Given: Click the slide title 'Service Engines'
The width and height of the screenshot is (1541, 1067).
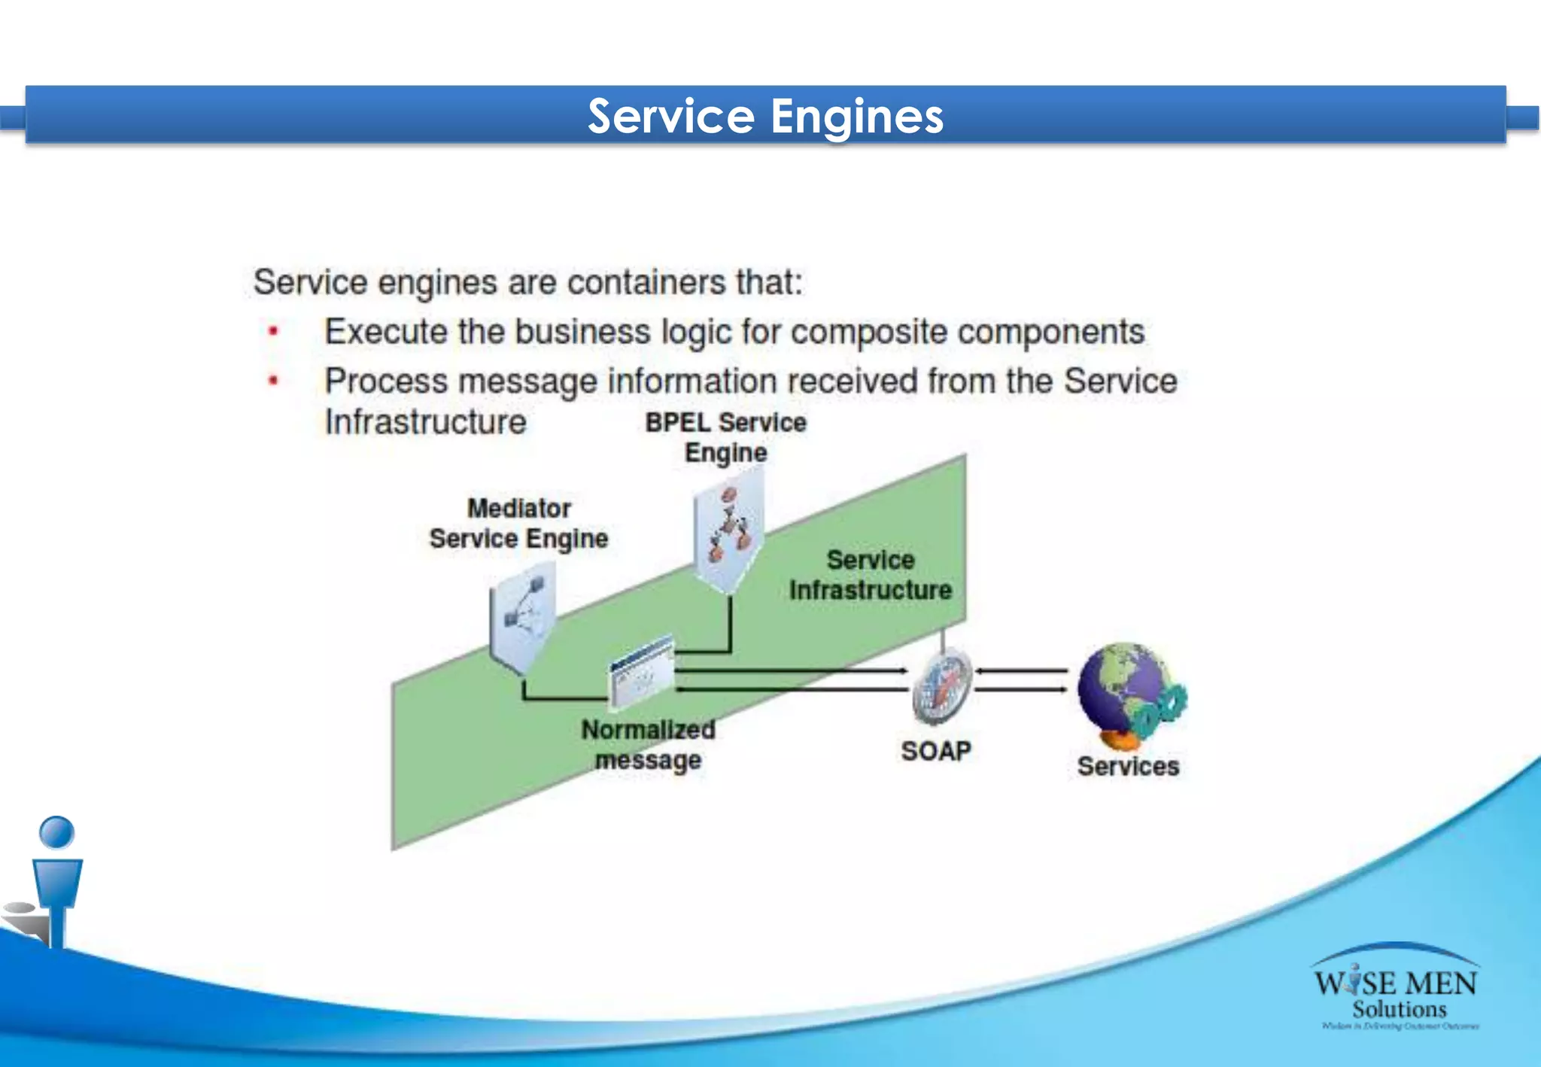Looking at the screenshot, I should click(x=765, y=116).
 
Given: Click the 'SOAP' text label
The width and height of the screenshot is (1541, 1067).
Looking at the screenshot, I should click(x=936, y=750).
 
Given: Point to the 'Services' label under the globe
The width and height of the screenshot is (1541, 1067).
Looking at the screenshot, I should click(x=1128, y=766).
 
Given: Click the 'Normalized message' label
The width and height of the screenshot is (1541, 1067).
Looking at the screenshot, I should click(x=648, y=744).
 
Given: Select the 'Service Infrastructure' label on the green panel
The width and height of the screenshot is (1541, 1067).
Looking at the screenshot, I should click(x=871, y=575).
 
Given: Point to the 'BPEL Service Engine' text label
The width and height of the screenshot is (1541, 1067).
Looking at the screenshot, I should click(x=725, y=437).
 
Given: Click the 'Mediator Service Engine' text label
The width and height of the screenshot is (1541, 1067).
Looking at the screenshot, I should click(x=518, y=524).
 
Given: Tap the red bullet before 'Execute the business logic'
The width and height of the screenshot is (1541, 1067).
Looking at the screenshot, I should click(x=274, y=331).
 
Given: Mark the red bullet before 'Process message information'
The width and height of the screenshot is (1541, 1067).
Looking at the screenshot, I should click(x=274, y=381).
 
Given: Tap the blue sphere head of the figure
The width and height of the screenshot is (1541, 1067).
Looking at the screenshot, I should click(x=56, y=832).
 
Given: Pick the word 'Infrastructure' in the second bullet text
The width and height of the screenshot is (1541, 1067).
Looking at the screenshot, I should click(x=425, y=422).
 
